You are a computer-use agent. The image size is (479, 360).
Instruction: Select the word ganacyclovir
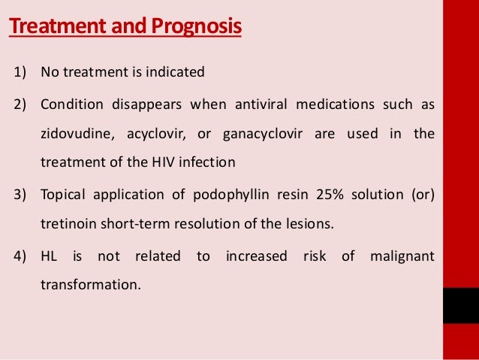coord(264,135)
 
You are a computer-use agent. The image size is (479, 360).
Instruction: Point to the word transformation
coord(90,285)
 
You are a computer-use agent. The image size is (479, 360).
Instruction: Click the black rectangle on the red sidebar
coord(460,305)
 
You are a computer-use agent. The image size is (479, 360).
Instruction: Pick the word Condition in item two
coord(68,104)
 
